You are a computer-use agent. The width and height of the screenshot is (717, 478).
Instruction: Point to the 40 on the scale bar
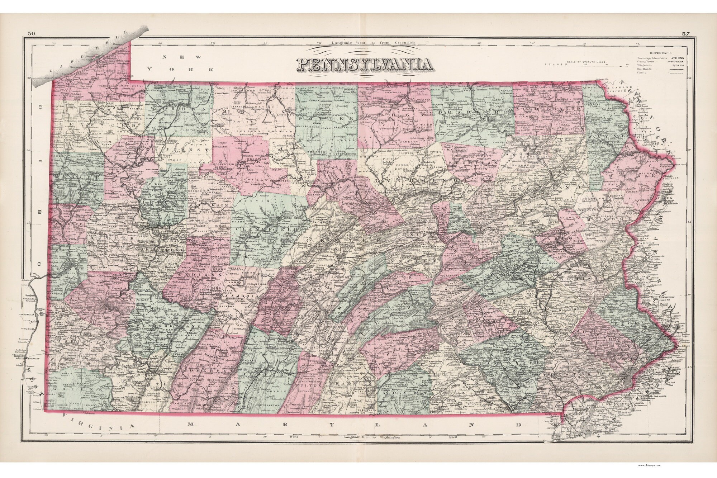pyautogui.click(x=627, y=65)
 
